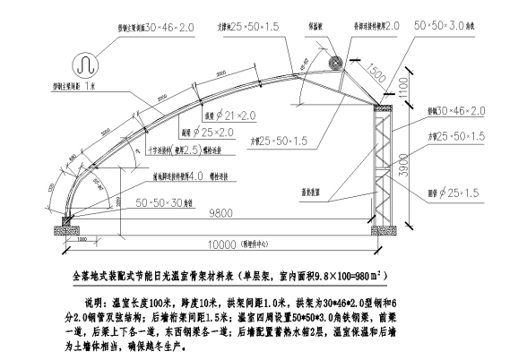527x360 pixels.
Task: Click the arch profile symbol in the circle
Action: click(84, 64)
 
